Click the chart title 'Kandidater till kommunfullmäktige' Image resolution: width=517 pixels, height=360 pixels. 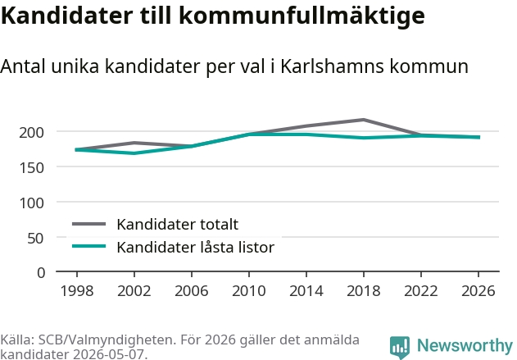213,16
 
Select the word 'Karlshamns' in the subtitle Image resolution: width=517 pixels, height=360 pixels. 332,66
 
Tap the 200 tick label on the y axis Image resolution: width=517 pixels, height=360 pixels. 32,132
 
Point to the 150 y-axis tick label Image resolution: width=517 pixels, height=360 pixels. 32,167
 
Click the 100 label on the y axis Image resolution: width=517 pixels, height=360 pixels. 32,203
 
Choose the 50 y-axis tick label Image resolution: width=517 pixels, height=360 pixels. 35,238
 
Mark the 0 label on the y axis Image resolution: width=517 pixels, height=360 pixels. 41,273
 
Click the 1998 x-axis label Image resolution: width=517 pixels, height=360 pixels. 77,290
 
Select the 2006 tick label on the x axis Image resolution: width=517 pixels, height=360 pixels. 192,290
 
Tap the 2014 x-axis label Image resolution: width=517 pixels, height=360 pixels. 306,290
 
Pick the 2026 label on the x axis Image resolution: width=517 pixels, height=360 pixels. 478,290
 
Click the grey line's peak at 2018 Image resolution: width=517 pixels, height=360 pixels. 363,120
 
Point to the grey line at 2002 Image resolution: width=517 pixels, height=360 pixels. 134,143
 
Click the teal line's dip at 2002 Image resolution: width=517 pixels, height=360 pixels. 134,153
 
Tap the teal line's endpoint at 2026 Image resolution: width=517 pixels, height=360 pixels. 478,137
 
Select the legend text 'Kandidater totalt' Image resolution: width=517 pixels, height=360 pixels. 178,225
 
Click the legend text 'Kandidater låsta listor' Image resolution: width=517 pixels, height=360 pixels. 196,247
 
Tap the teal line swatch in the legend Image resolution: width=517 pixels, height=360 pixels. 89,246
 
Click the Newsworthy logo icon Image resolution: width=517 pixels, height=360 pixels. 400,347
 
